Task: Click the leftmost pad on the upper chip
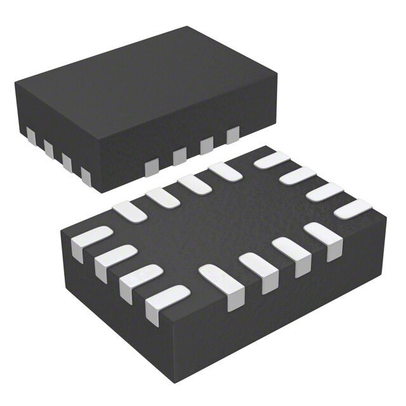click(x=30, y=135)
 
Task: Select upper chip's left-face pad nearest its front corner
click(x=86, y=174)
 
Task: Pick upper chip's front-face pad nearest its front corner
click(x=152, y=167)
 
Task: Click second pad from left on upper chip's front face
click(x=180, y=155)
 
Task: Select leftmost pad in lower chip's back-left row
click(x=129, y=210)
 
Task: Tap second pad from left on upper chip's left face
click(x=48, y=147)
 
